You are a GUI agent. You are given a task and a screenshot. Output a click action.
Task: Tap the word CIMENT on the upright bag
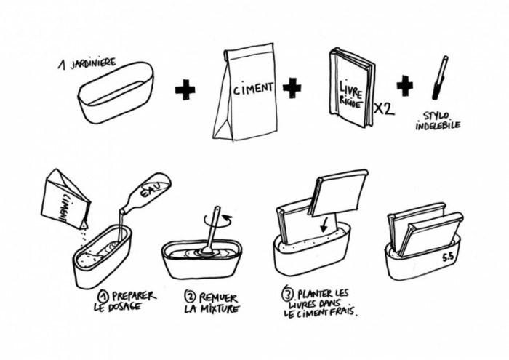click(x=253, y=89)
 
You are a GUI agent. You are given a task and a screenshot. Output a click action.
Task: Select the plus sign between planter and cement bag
click(x=185, y=89)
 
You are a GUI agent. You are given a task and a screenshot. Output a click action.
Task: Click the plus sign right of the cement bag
click(x=292, y=88)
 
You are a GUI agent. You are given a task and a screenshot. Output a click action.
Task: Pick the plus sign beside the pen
click(x=405, y=86)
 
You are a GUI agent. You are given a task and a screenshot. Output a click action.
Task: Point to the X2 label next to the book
click(x=384, y=109)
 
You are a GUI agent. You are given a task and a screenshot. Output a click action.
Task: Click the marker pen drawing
click(x=440, y=78)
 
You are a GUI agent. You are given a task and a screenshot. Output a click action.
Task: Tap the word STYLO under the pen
click(x=436, y=116)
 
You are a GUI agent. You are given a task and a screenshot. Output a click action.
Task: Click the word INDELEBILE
click(x=438, y=126)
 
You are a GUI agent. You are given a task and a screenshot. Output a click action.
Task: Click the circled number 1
click(x=103, y=296)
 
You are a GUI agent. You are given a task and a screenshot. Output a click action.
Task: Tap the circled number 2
click(x=190, y=297)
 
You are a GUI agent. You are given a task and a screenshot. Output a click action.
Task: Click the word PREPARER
click(x=134, y=297)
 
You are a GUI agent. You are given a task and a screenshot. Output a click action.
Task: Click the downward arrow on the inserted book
click(x=325, y=224)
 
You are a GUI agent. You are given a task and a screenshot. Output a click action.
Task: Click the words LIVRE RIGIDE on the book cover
click(x=350, y=95)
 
